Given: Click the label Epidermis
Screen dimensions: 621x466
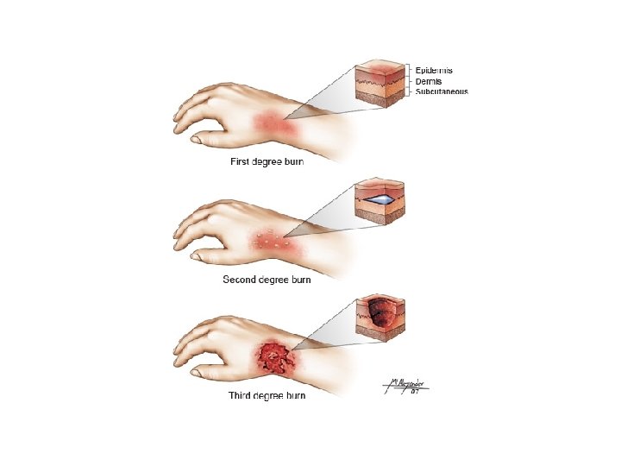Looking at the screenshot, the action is [435, 69].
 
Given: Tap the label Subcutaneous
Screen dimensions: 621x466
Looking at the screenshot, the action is [442, 91].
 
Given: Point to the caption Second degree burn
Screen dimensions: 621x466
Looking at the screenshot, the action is [267, 280].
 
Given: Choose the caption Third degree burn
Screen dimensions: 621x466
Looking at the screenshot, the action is [267, 395].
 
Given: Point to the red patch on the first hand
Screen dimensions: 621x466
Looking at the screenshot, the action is [273, 127].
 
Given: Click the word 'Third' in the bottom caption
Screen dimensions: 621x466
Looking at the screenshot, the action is [241, 395].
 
